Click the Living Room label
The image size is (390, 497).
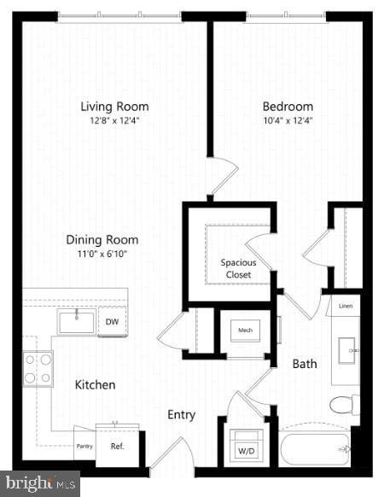(x=114, y=107)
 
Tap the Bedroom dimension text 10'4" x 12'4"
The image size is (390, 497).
(x=287, y=120)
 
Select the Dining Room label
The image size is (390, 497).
(x=102, y=240)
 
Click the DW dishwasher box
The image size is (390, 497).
(x=112, y=322)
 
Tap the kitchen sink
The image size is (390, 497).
(x=76, y=321)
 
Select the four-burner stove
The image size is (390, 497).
(x=38, y=368)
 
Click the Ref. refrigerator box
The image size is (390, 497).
(x=118, y=445)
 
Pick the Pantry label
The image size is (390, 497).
(x=84, y=446)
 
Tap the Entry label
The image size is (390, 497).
(x=181, y=415)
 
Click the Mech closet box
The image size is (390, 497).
(x=246, y=330)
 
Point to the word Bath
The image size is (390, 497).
(x=305, y=364)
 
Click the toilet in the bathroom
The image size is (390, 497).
(x=343, y=405)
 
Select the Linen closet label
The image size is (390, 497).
(x=345, y=305)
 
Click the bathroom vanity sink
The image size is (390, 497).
(x=346, y=350)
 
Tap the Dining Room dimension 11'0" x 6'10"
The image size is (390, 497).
(x=102, y=254)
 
